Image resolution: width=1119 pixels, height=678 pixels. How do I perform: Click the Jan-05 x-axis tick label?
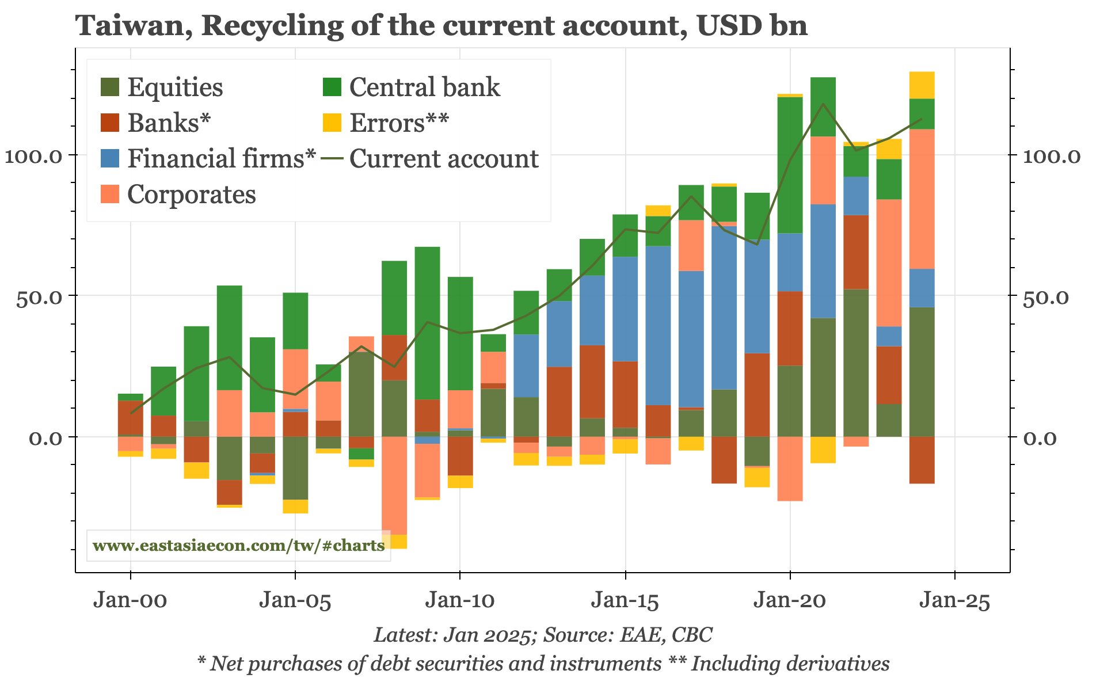point(295,601)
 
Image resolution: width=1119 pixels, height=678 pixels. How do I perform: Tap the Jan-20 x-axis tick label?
point(790,601)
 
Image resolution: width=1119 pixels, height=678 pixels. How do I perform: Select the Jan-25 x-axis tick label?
point(954,601)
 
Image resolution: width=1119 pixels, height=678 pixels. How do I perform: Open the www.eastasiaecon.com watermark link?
point(238,546)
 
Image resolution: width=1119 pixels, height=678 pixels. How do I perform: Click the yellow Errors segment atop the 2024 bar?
point(922,85)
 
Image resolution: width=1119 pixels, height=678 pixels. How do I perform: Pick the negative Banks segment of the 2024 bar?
point(922,460)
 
